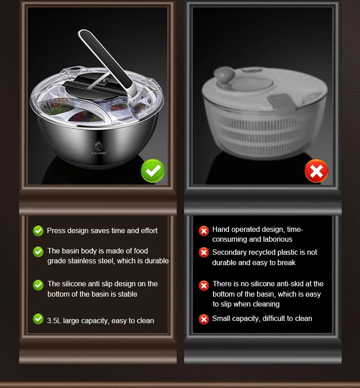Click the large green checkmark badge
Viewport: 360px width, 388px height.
pyautogui.click(x=153, y=171)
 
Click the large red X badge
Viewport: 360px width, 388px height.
pyautogui.click(x=316, y=171)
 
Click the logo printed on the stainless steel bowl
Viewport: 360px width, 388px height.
pyautogui.click(x=99, y=148)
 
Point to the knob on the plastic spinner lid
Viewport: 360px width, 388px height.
pyautogui.click(x=224, y=74)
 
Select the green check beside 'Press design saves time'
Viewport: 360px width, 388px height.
pyautogui.click(x=38, y=230)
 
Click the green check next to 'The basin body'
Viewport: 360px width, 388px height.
pyautogui.click(x=38, y=252)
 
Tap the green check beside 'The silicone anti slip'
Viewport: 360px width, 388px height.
pyautogui.click(x=38, y=285)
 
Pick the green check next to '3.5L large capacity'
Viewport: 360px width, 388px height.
pyautogui.click(x=38, y=319)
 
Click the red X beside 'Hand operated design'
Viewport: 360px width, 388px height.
pyautogui.click(x=204, y=231)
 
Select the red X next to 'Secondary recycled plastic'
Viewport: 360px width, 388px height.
pyautogui.click(x=204, y=253)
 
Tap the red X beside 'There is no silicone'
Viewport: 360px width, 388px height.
pyautogui.click(x=204, y=285)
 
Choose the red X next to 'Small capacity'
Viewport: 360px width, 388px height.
pyautogui.click(x=204, y=319)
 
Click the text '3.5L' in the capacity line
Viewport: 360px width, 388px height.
pyautogui.click(x=54, y=320)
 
